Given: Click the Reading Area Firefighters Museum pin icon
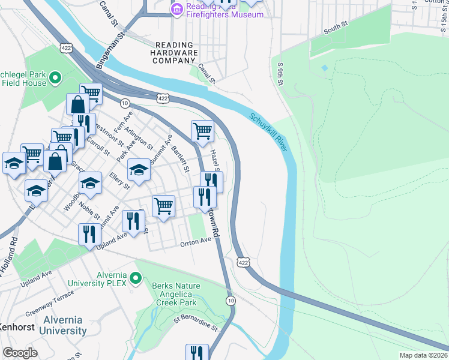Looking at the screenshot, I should point(176,8).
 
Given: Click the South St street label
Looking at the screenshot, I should point(336,28).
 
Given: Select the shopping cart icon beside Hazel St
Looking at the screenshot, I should point(202,130).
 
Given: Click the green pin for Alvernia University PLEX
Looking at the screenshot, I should point(136,277).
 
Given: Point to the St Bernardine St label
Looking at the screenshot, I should point(194,325).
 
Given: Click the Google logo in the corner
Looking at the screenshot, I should point(20,353).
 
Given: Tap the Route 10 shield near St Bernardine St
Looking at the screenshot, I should point(231,299).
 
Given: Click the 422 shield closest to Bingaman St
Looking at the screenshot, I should point(67,47).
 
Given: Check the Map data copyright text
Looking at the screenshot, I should point(423,355).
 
